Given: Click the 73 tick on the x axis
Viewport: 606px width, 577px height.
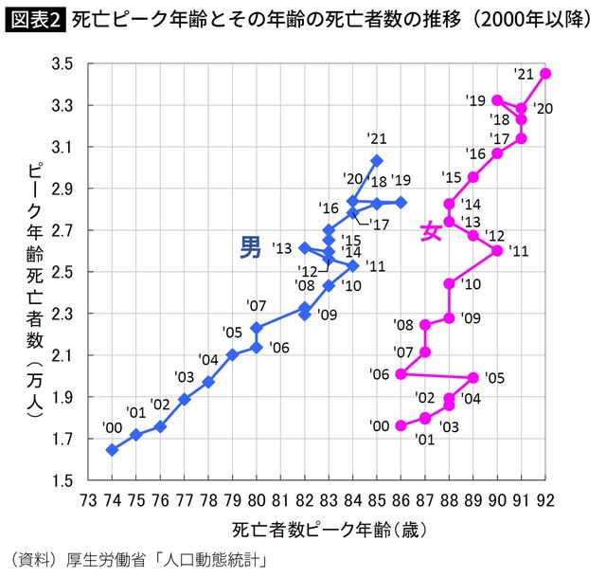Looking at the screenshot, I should pyautogui.click(x=88, y=499).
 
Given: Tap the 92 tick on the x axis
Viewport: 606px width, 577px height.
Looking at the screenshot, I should pyautogui.click(x=545, y=499).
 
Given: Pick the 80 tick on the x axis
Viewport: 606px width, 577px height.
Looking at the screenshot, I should pyautogui.click(x=257, y=499).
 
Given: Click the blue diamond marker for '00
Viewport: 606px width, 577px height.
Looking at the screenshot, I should pyautogui.click(x=112, y=450).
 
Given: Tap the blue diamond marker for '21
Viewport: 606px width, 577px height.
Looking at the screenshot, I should pyautogui.click(x=377, y=160).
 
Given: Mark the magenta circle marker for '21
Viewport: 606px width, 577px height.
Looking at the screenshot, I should pyautogui.click(x=545, y=74).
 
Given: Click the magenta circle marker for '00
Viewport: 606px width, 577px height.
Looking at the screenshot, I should pyautogui.click(x=401, y=426).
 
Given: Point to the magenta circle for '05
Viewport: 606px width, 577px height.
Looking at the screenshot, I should pyautogui.click(x=473, y=377).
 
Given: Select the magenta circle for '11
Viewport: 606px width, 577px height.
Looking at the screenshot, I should pyautogui.click(x=497, y=250).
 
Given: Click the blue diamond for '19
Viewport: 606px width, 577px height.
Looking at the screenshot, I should pyautogui.click(x=401, y=202).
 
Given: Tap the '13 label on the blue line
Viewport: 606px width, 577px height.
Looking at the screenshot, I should pyautogui.click(x=281, y=248).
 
